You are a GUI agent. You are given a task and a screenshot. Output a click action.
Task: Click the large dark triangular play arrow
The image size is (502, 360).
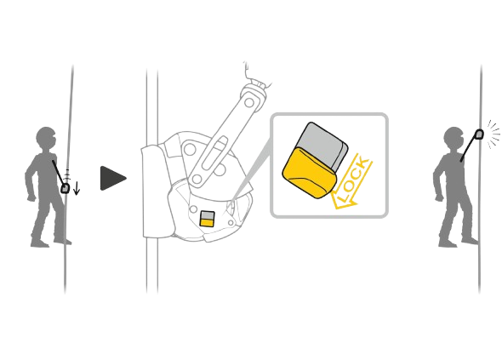pos(112,179)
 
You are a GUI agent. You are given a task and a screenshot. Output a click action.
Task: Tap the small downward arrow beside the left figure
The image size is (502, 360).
pos(77,188)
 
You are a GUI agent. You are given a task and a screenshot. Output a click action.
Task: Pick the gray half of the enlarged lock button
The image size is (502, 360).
pos(324,145)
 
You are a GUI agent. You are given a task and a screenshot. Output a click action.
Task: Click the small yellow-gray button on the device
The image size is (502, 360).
pos(207,219)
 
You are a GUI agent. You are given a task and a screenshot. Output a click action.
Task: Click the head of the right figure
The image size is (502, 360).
pos(454,139)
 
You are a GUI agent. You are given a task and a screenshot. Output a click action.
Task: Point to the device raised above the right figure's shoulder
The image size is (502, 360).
pos(479,134)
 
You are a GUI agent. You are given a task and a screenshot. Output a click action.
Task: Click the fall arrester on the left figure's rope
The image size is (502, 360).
pos(66,188)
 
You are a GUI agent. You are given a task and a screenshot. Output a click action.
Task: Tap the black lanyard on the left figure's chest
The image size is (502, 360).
pos(58,173)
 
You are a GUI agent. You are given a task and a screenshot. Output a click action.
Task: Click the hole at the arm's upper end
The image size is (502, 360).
pos(249,103)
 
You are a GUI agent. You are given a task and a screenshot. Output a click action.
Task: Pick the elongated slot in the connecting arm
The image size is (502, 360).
pos(214,154)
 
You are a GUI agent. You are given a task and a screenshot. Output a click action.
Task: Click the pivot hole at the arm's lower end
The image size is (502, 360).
pos(197,180)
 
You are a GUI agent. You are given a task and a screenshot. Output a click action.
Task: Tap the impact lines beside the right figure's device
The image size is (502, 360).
pos(493,134)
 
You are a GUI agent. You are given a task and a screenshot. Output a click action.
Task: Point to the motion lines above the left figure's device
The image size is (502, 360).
pos(66,174)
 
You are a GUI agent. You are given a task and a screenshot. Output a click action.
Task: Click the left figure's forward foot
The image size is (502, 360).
pos(63,241)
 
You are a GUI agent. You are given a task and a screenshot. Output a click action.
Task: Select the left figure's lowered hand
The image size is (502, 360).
pos(31,197)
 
